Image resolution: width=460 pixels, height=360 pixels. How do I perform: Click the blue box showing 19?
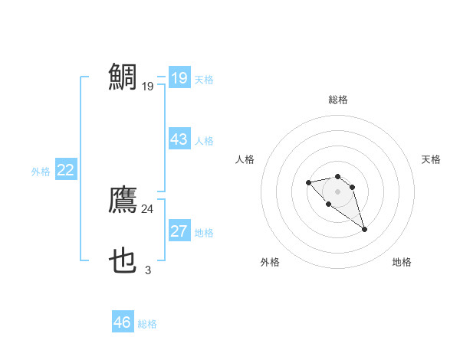[179, 78]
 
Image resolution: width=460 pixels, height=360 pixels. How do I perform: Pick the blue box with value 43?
[179, 139]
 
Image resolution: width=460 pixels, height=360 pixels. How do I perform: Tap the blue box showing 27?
[179, 231]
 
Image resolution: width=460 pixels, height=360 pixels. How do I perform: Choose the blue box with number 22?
[65, 170]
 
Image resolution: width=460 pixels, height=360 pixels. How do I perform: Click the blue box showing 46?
[123, 322]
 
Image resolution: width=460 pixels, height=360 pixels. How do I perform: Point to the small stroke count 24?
[147, 208]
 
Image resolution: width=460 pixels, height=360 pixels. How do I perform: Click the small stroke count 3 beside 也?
[148, 270]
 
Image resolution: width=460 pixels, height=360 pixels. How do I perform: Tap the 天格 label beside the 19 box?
[204, 80]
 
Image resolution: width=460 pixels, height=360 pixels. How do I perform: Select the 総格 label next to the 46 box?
[147, 324]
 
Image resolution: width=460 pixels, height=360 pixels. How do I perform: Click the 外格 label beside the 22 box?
[41, 172]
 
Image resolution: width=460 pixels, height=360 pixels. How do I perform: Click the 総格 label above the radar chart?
[338, 100]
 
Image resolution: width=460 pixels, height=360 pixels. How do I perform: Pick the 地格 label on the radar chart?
[402, 262]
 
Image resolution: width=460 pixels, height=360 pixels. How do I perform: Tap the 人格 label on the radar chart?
[245, 159]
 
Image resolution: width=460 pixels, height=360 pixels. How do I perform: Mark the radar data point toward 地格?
[364, 229]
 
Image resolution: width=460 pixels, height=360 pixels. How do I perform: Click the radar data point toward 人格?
[308, 182]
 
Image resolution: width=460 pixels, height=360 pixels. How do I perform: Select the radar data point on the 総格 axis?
[338, 176]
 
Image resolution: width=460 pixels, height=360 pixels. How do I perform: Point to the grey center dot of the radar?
[338, 191]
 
